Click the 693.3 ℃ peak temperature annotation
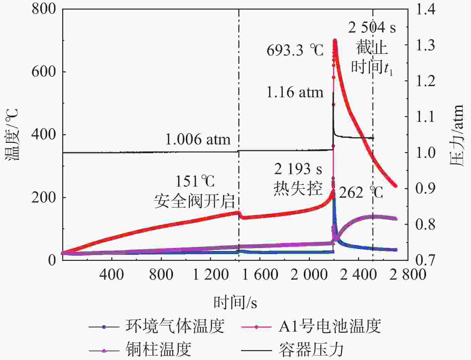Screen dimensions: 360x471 coord(295,50)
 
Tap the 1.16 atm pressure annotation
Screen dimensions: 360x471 coord(295,92)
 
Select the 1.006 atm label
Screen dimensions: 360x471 coord(198,140)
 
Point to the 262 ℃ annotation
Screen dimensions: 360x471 coord(361,193)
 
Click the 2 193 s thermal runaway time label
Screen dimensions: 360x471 coord(298,169)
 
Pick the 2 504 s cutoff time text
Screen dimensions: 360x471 coord(372,28)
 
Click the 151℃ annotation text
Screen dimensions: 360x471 coord(195,182)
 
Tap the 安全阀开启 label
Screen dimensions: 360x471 coord(194,201)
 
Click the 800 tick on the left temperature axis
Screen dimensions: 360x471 coord(43,9)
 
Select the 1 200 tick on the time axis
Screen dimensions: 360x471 coord(211,274)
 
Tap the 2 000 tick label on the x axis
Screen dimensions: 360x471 coord(309,274)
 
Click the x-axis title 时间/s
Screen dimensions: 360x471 coord(235,302)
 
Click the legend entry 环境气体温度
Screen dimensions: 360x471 coord(175,326)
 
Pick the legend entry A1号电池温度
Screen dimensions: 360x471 coord(330,326)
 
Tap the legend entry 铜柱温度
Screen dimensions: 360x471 coord(158,349)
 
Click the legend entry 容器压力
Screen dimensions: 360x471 coord(311,349)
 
